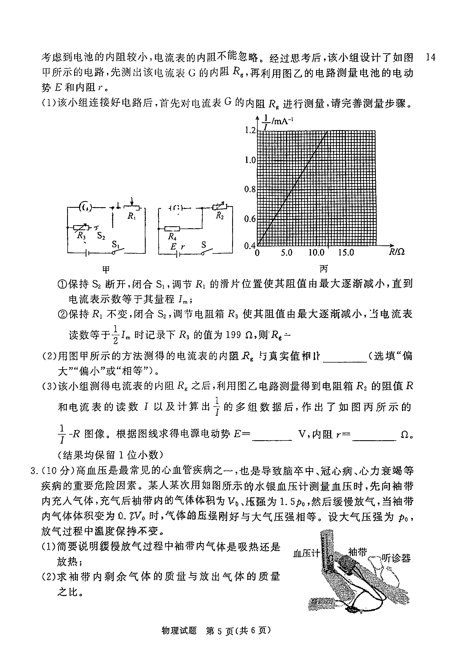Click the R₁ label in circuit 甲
131,217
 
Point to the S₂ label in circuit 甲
101,236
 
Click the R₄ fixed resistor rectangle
173,229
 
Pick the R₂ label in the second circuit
220,216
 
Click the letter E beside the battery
173,246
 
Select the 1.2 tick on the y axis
250,130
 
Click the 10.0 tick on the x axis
316,253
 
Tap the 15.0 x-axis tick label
346,253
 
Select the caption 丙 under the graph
323,268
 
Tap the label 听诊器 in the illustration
396,558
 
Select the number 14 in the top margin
431,57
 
